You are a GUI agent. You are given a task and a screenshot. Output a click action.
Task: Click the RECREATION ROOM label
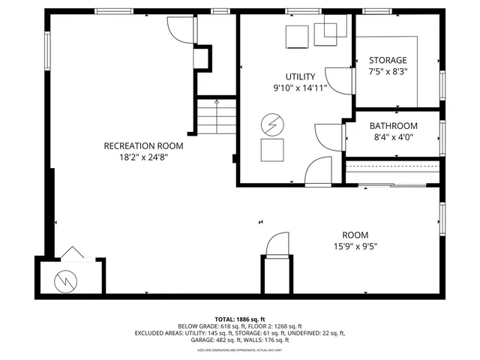tap(142, 145)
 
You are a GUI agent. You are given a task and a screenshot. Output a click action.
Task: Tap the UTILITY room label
tap(299, 76)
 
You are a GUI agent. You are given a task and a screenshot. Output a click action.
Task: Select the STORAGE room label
tap(388, 60)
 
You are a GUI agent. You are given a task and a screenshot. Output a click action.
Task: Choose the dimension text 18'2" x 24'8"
tap(142, 157)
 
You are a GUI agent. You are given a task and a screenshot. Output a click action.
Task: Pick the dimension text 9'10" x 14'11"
tap(299, 88)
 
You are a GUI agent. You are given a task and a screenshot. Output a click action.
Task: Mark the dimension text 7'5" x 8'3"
tap(388, 72)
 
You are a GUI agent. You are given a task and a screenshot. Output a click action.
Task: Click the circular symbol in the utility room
tap(271, 123)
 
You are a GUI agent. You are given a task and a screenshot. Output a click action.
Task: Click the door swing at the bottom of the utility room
tap(319, 171)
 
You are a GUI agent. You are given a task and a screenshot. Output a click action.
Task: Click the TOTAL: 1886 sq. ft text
tap(239, 319)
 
